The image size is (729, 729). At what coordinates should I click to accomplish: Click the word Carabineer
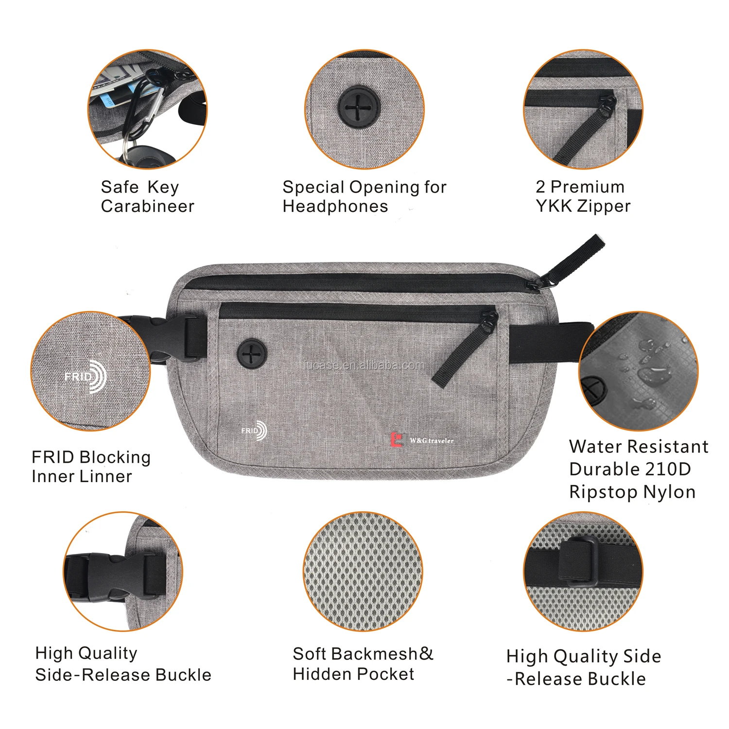coord(147,207)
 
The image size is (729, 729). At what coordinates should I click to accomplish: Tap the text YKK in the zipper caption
coord(554,206)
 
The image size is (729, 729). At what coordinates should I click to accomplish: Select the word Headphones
coord(335,207)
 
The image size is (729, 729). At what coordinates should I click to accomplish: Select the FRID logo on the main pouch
coord(254,431)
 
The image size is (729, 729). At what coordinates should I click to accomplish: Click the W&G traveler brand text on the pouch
coord(432,441)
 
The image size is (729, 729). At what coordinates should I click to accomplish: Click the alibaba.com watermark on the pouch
coord(364,365)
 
